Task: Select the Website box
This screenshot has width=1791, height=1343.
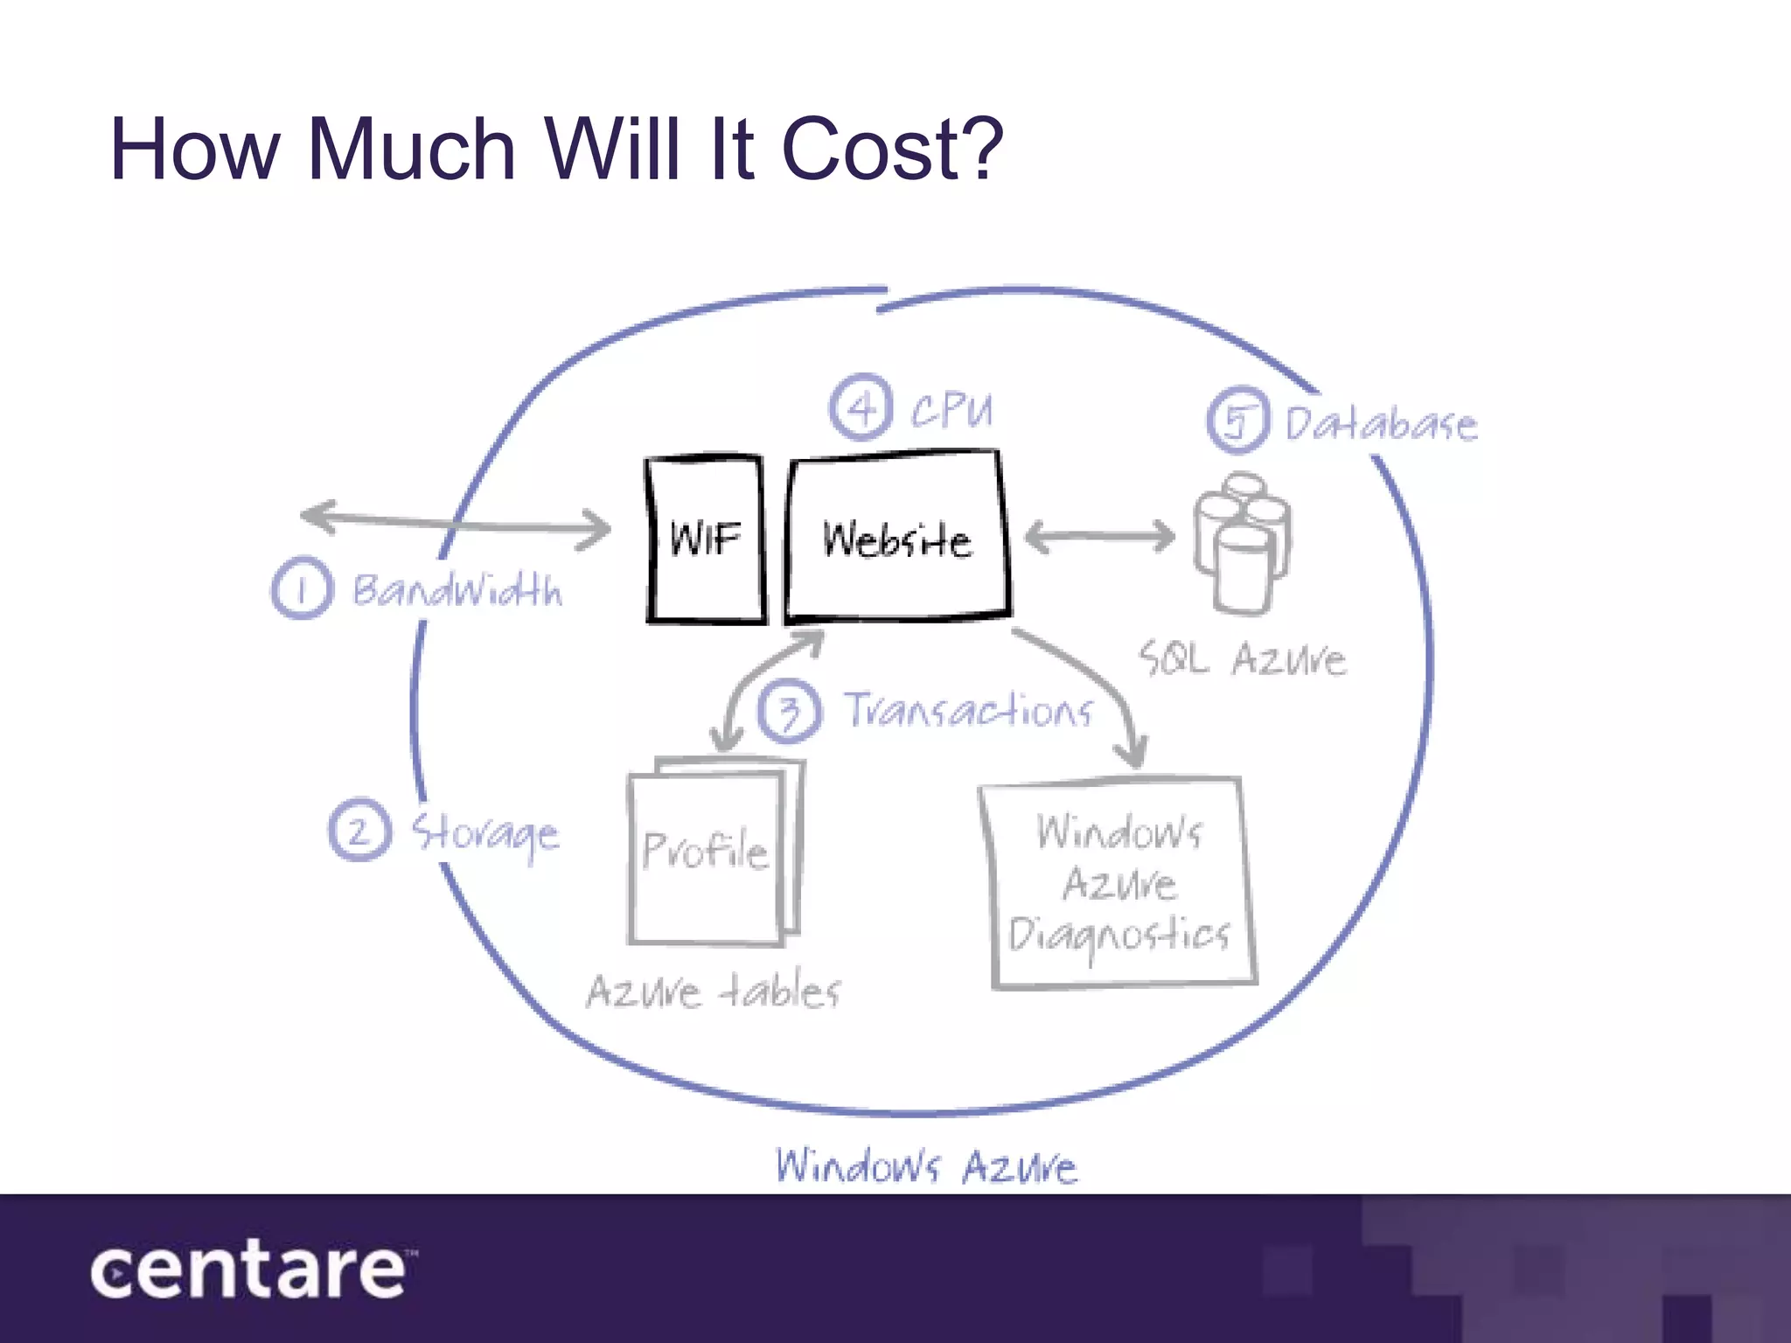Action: click(x=897, y=536)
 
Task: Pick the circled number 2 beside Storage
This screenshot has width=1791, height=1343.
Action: click(x=359, y=830)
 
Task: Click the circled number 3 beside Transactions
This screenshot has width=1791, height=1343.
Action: click(x=790, y=711)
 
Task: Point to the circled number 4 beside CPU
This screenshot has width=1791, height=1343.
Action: click(x=861, y=407)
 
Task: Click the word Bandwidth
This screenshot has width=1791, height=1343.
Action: click(x=456, y=590)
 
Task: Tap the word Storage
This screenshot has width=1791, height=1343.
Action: click(x=485, y=833)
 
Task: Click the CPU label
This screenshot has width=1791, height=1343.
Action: click(x=951, y=409)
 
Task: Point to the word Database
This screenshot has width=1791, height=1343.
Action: click(x=1381, y=424)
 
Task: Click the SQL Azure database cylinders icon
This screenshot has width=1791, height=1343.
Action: click(x=1242, y=542)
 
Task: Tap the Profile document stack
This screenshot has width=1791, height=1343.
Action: click(x=713, y=851)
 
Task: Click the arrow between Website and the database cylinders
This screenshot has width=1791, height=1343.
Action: click(x=1099, y=536)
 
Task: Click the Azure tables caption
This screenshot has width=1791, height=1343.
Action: click(x=713, y=992)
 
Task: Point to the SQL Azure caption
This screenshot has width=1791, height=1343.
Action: click(x=1242, y=658)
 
